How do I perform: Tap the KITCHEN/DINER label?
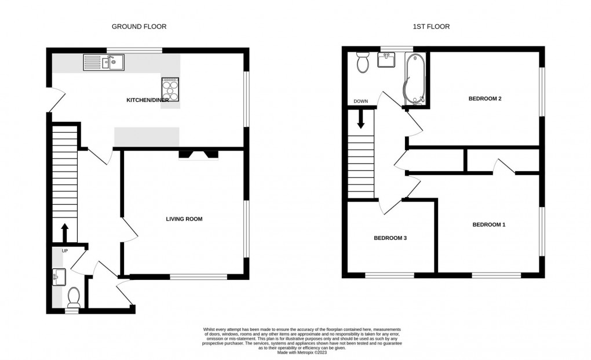coord(148,100)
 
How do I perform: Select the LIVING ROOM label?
coord(184,219)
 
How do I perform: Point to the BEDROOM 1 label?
coord(488,225)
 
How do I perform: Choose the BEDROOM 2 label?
coord(484,99)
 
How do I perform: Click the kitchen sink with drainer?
coord(103,61)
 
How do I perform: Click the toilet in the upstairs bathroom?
coord(363,62)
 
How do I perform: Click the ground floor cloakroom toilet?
coord(74,298)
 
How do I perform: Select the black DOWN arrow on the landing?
coord(360,119)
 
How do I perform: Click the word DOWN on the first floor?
coord(360,102)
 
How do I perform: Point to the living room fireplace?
coord(198,154)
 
